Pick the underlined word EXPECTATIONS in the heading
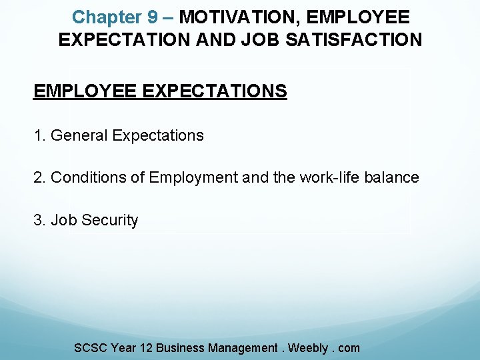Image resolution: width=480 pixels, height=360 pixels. point(215,91)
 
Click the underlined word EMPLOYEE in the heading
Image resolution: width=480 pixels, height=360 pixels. point(85,91)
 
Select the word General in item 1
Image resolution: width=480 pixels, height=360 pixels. point(79,136)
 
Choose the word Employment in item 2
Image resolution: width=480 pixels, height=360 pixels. point(193,178)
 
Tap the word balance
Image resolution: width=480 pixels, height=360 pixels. point(394,178)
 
